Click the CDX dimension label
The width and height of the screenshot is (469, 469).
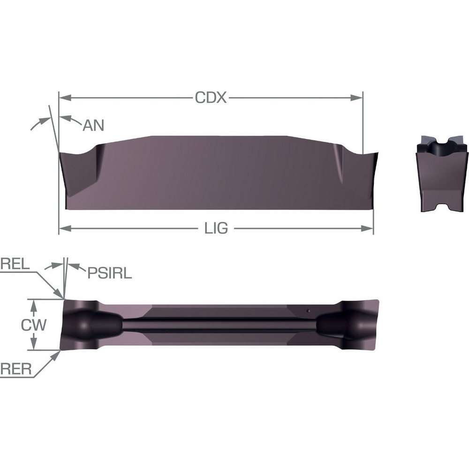(211, 98)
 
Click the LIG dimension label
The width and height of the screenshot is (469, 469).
(217, 228)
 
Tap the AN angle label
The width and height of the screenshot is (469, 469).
(93, 125)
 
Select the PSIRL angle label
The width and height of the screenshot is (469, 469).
(109, 273)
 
